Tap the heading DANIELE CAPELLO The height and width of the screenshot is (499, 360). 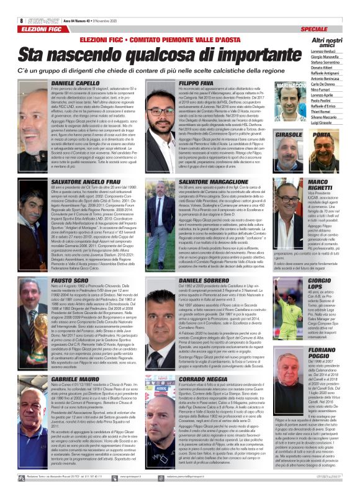coord(75,83)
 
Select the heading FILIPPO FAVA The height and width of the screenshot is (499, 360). coord(196,83)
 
